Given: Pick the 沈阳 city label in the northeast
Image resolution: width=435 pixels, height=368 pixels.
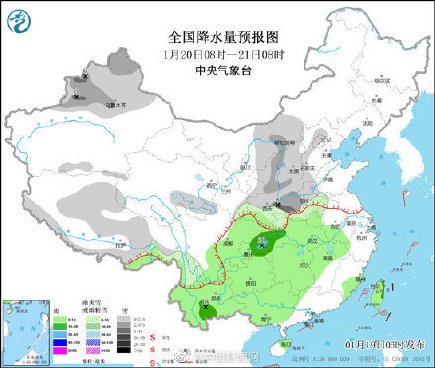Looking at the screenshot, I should tap(371, 122).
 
